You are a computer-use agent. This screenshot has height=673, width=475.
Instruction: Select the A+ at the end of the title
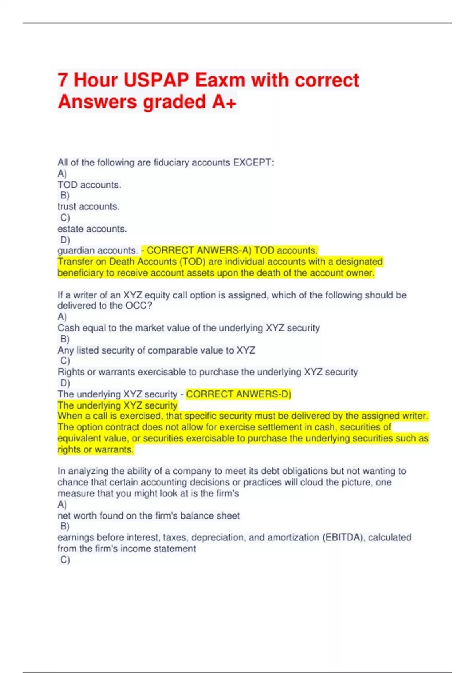224,102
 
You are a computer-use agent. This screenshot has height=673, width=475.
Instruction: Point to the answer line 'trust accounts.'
88,207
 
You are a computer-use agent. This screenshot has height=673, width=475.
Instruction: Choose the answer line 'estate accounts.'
92,229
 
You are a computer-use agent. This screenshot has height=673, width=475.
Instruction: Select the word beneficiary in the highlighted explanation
79,273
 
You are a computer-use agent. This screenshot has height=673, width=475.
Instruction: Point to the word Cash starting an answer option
68,328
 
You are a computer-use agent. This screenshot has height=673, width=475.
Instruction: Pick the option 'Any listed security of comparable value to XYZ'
156,350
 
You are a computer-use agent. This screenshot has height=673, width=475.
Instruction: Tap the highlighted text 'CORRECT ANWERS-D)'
238,394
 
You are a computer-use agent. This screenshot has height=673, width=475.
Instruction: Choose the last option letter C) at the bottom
65,560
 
